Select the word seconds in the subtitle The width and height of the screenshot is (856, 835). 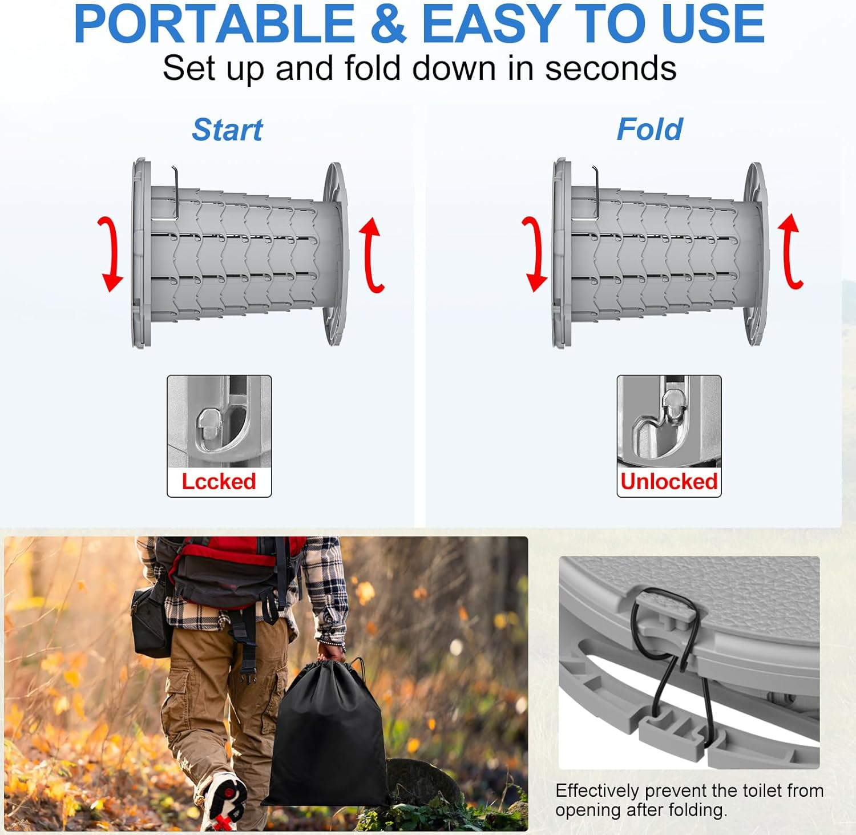[x=611, y=68]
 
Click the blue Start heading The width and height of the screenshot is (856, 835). [x=227, y=130]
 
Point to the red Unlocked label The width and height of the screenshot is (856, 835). [x=669, y=482]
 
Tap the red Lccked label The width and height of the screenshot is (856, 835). [x=219, y=482]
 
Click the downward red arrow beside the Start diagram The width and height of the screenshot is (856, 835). [x=110, y=254]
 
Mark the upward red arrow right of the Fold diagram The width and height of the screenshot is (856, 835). [x=792, y=251]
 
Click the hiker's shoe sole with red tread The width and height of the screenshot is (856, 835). [x=226, y=799]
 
